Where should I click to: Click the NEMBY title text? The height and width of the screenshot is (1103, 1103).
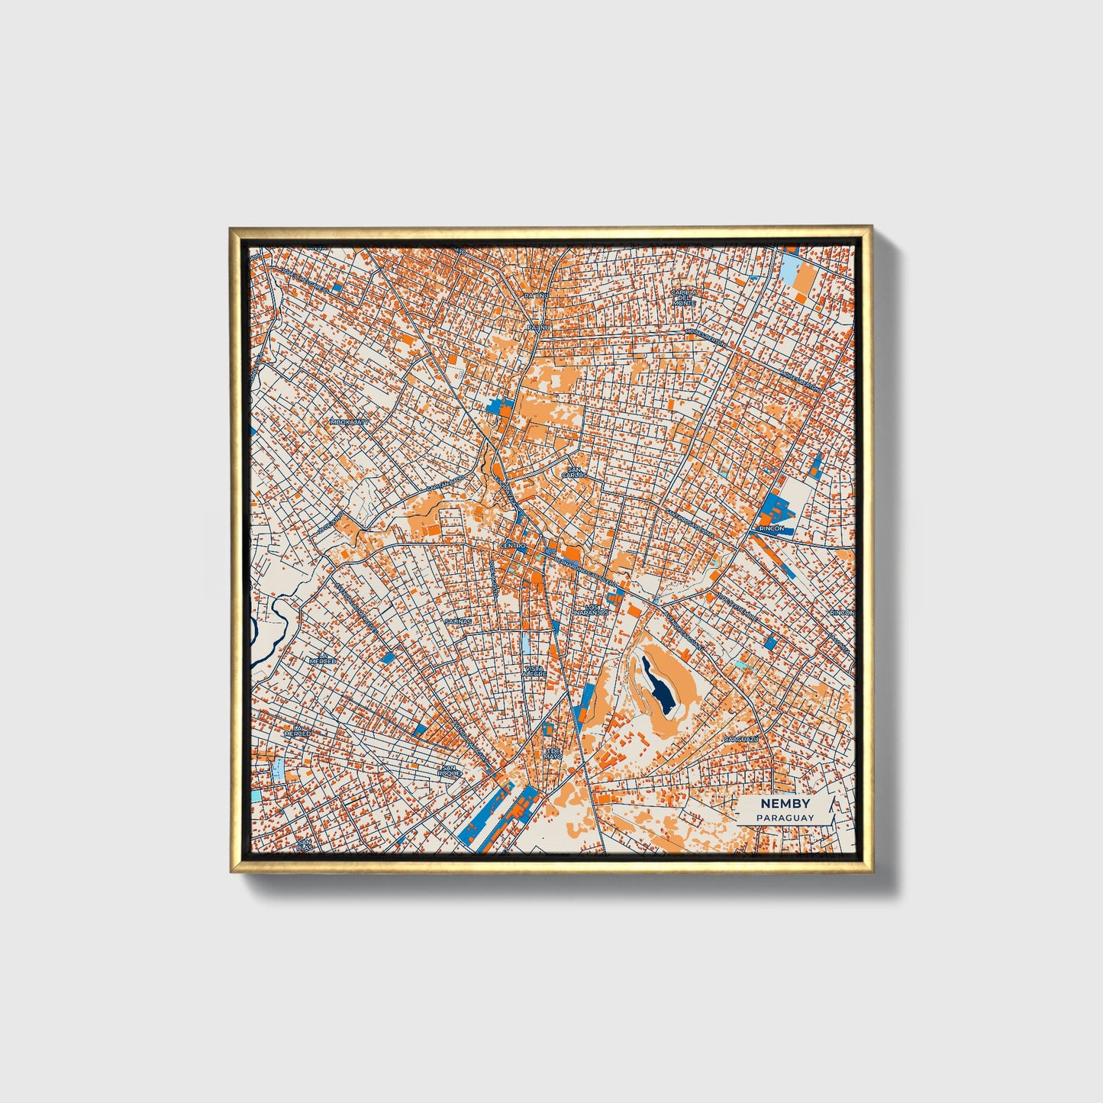click(x=785, y=805)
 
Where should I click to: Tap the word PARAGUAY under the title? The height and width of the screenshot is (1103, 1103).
click(x=785, y=818)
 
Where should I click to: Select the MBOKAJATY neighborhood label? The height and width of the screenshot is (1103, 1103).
click(x=350, y=421)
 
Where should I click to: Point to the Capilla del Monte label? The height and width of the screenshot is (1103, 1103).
click(x=684, y=297)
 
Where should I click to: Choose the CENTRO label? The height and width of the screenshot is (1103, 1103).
click(x=513, y=546)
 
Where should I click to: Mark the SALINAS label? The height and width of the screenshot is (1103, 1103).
click(x=459, y=621)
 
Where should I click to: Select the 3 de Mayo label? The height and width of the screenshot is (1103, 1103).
click(x=553, y=753)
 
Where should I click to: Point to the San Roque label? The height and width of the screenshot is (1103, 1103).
click(x=449, y=771)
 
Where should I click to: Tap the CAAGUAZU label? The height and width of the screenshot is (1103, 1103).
click(x=741, y=740)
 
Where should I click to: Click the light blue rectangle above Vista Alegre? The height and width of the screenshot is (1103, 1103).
click(x=527, y=642)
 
